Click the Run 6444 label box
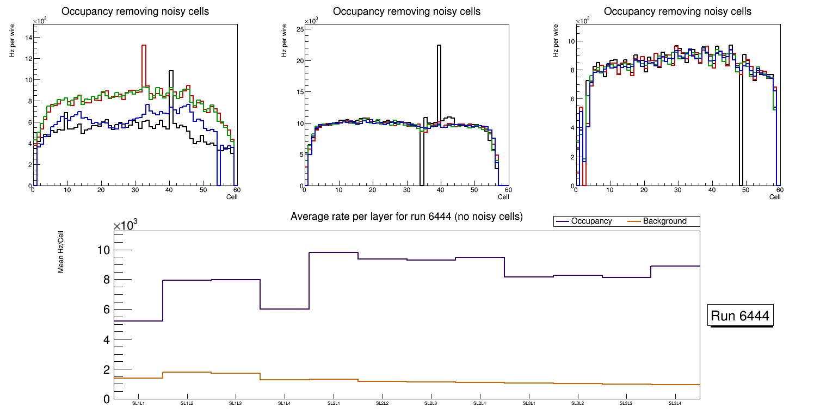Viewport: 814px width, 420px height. click(x=741, y=316)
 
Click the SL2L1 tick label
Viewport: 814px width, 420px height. click(x=334, y=404)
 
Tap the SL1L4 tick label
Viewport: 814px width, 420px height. click(x=285, y=404)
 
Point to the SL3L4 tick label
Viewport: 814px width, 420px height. click(x=675, y=404)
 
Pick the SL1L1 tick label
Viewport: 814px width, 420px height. click(x=138, y=404)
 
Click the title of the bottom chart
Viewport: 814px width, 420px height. click(x=406, y=217)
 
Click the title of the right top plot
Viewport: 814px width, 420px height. click(x=677, y=11)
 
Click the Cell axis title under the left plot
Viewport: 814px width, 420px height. click(x=232, y=197)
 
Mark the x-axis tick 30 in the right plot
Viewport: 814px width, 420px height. click(x=677, y=190)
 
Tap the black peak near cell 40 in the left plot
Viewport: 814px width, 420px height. click(x=171, y=71)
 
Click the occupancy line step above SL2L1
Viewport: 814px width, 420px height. click(x=334, y=252)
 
